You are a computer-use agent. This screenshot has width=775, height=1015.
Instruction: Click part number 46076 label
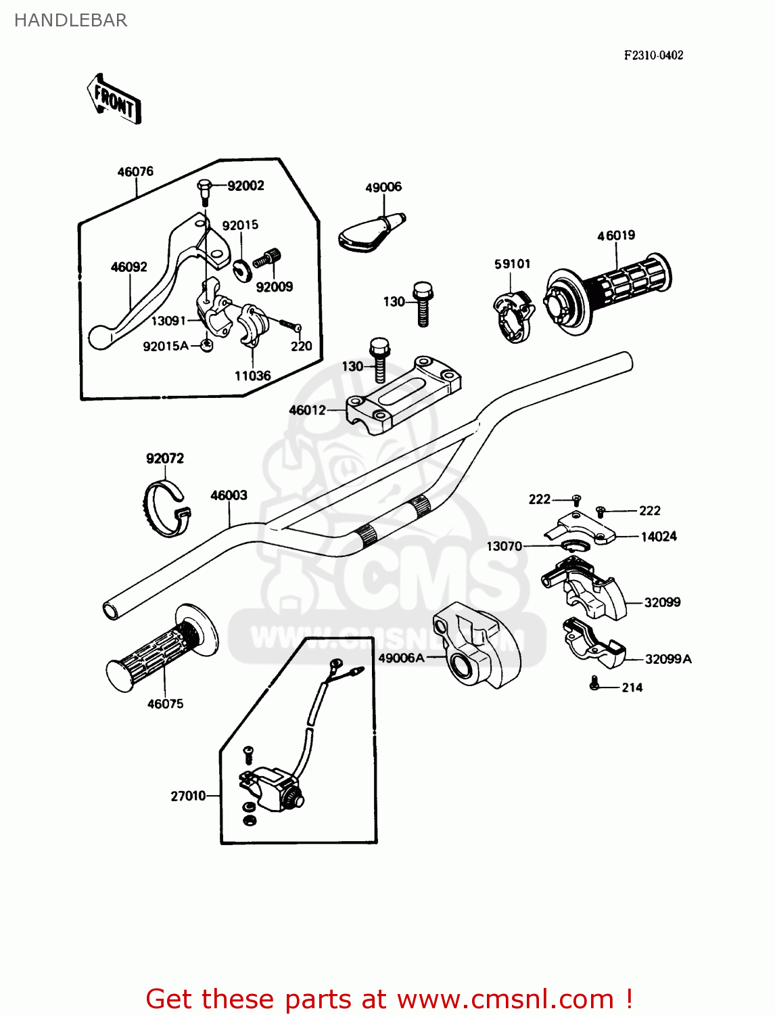click(135, 172)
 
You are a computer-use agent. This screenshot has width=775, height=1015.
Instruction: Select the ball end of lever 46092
click(99, 336)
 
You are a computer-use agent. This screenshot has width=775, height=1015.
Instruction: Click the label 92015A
click(165, 346)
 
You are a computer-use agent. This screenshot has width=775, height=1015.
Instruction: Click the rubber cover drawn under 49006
click(369, 233)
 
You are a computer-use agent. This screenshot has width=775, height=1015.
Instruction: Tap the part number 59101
click(512, 264)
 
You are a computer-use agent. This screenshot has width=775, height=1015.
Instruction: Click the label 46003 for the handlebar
click(229, 495)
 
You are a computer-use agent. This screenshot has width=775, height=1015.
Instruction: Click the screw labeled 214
click(594, 683)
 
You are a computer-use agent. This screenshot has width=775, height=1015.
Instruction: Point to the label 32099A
click(667, 659)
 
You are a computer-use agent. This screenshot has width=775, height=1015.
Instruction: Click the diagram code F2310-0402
click(653, 55)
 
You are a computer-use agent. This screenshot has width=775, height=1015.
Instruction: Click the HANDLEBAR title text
click(70, 20)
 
